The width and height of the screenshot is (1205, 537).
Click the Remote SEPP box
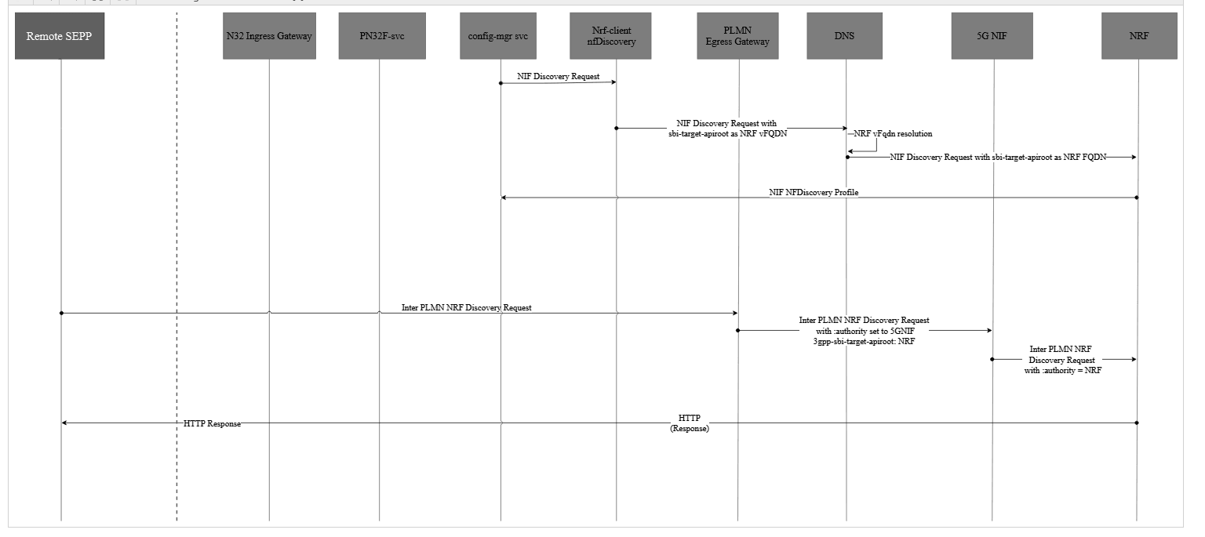[60, 36]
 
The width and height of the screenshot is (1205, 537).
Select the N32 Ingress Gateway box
[269, 36]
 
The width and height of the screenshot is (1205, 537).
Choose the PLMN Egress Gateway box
[737, 36]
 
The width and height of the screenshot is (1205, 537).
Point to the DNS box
[845, 36]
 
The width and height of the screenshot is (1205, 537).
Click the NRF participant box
[1138, 36]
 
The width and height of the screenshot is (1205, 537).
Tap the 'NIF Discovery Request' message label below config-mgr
[558, 77]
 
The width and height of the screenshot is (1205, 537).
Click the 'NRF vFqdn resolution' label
[893, 134]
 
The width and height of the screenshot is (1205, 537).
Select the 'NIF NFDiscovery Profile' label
[814, 193]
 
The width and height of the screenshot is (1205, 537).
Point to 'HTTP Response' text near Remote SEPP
[212, 424]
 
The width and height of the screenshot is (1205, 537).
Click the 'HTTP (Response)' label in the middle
[690, 423]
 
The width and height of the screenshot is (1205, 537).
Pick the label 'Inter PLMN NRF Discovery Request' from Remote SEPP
[466, 308]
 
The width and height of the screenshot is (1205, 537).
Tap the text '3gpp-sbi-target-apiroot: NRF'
[864, 342]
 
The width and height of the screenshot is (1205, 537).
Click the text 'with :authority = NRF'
[1062, 371]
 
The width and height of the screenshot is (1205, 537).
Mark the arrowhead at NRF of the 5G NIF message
[1133, 359]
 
